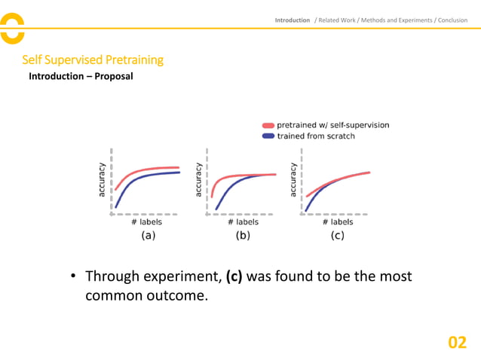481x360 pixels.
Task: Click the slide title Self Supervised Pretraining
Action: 93,59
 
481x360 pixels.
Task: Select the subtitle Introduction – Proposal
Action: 81,77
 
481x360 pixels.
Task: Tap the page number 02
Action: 458,343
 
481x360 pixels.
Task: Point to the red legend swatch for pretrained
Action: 268,125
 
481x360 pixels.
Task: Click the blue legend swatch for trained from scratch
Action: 268,136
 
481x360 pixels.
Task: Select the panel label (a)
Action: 149,235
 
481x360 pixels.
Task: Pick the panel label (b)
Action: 243,235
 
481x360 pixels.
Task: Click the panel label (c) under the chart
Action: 337,235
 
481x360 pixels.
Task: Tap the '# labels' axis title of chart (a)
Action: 146,222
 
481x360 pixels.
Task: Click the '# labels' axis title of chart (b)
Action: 243,222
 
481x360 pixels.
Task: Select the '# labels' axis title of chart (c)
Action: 337,222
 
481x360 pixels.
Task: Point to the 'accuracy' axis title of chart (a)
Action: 102,181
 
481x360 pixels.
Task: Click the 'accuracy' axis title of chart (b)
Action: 199,181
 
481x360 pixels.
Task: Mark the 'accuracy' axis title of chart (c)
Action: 294,181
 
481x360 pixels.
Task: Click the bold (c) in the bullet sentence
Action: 234,276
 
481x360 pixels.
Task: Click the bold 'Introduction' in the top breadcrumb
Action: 292,20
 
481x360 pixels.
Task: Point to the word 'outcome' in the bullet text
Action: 175,296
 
